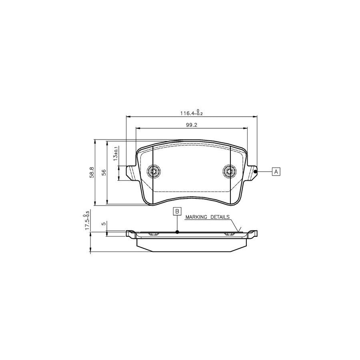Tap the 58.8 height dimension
click(92, 172)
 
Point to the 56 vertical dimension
click(104, 172)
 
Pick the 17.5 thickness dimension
click(86, 221)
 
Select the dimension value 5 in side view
click(104, 224)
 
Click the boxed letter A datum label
click(276, 172)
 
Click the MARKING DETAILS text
click(207, 217)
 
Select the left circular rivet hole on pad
click(154, 172)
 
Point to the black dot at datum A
click(255, 171)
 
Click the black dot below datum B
click(177, 232)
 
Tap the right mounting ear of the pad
click(251, 172)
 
